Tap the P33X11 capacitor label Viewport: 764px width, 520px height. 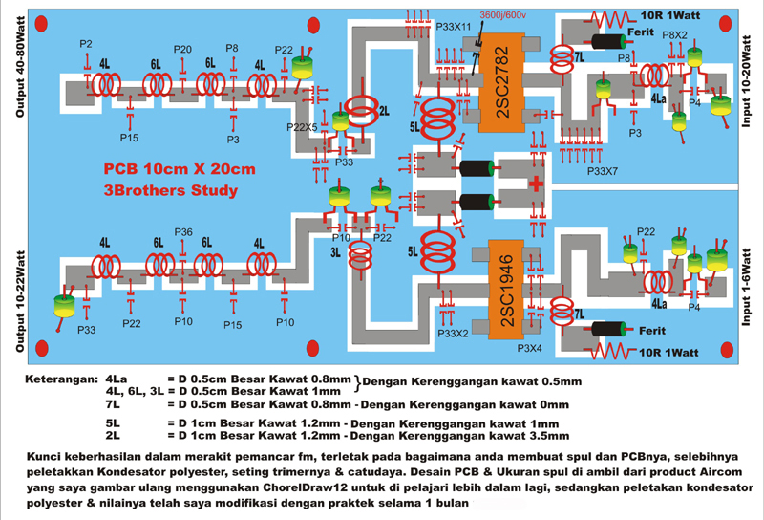coord(454,27)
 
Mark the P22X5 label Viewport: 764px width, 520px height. coord(302,126)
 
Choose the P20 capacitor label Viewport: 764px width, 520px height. coord(182,50)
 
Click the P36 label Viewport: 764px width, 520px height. coord(183,232)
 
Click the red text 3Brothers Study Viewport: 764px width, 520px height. coord(170,190)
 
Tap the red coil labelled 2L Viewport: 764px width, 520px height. coord(361,111)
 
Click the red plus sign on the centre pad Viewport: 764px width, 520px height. coord(537,183)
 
